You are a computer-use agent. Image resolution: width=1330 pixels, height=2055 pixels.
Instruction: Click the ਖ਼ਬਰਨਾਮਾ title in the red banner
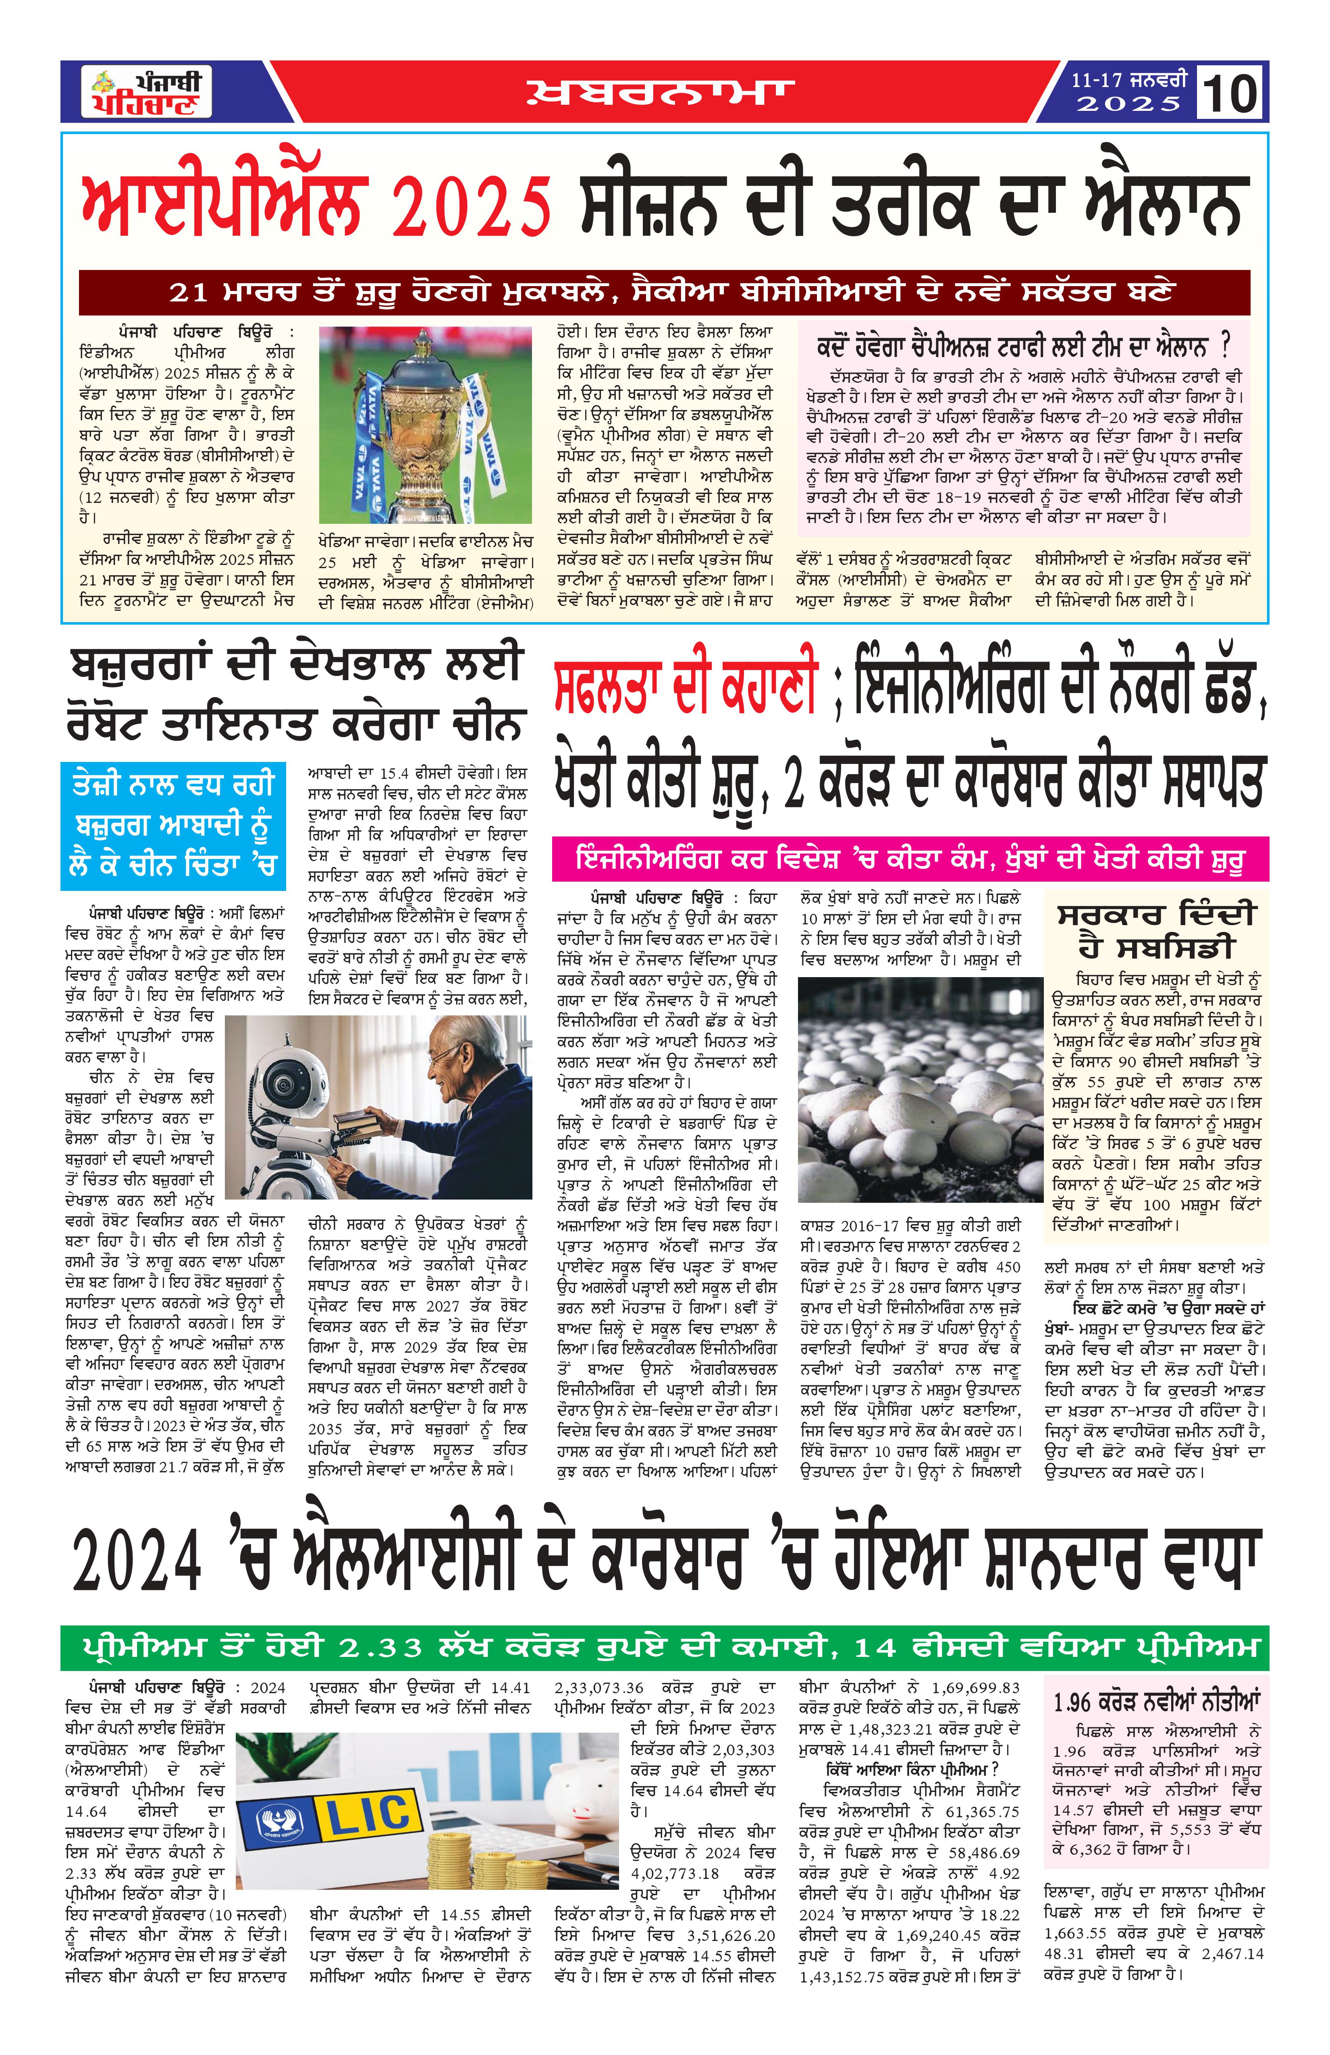click(x=661, y=92)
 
